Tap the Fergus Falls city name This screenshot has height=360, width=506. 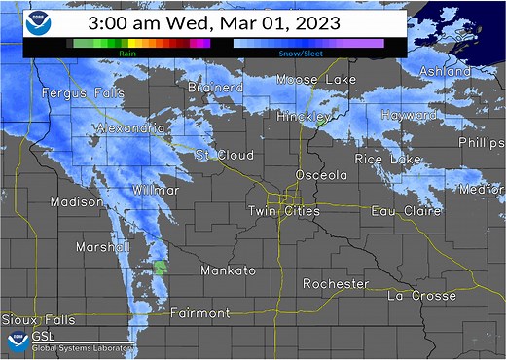coord(78,93)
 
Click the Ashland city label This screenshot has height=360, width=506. coord(445,72)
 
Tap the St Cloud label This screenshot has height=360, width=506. coord(225,155)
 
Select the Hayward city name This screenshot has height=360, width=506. coord(410,115)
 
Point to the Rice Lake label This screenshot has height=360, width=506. coord(388,159)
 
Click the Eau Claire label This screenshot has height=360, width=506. coord(405,210)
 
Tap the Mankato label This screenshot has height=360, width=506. coord(229,270)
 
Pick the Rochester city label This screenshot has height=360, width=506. coord(336,284)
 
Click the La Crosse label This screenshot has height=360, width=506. coord(421,295)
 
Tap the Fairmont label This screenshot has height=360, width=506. coord(199,313)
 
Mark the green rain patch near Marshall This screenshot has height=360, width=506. coord(161,267)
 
